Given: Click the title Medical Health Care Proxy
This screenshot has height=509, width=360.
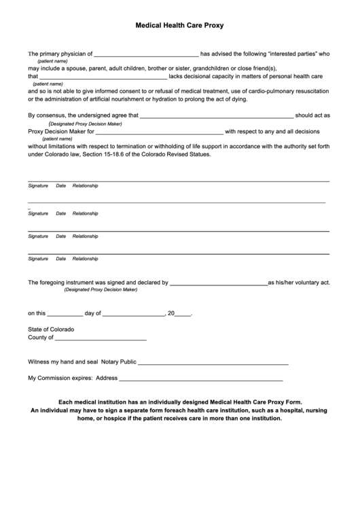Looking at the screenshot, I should (180, 24).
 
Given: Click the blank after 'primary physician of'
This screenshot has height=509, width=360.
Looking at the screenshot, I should (145, 53).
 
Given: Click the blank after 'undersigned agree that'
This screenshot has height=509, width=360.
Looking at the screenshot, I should (216, 116).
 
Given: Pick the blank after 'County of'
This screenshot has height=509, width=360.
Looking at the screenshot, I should (101, 338).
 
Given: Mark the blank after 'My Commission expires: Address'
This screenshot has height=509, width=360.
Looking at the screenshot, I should (201, 379).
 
